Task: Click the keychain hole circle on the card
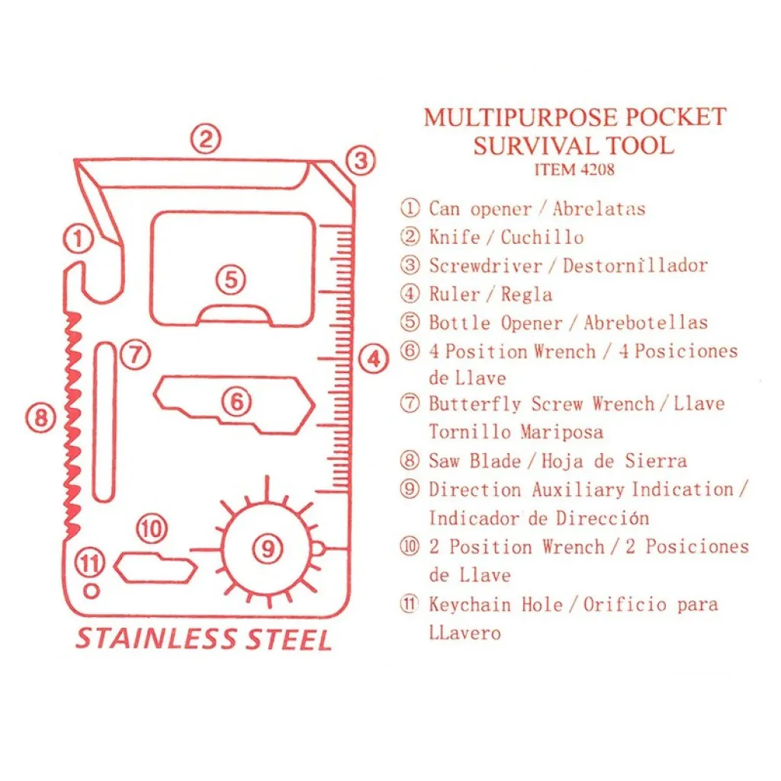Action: (92, 591)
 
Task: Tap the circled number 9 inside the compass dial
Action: (268, 548)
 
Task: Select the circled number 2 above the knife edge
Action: (206, 139)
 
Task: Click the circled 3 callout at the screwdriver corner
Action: (361, 160)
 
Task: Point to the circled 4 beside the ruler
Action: (374, 358)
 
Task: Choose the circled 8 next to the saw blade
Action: (41, 417)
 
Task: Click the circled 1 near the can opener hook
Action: (79, 239)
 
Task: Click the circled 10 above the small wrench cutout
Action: (152, 529)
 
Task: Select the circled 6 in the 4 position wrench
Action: (236, 401)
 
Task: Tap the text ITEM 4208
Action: (574, 169)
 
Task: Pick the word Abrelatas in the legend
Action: (599, 208)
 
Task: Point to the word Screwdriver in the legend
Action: (486, 265)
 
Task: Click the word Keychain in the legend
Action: (470, 605)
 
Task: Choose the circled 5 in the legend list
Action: (410, 322)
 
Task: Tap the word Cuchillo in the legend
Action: (542, 237)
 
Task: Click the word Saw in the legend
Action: (444, 461)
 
